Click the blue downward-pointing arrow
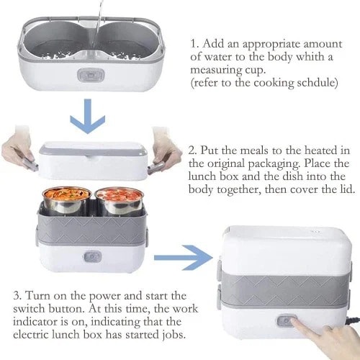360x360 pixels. point(87,116)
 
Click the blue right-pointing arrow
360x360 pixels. point(184,258)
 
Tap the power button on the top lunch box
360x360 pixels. point(91,75)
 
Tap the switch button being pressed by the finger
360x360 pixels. point(286,321)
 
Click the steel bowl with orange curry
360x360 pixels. point(67,200)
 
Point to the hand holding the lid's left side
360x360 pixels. point(19,149)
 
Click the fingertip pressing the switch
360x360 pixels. point(296,322)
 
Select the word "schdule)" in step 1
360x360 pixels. point(318,83)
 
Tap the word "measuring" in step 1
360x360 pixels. point(215,71)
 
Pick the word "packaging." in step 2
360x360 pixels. point(274,164)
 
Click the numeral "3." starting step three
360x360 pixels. point(17,296)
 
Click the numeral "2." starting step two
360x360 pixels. point(193,150)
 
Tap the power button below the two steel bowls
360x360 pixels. point(92,257)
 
